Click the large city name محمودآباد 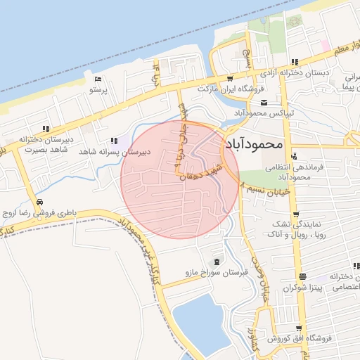coord(254,143)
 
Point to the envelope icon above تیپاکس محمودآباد coord(264,103)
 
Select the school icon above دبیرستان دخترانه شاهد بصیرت coord(46,129)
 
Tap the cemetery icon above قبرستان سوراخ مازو coord(216,261)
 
